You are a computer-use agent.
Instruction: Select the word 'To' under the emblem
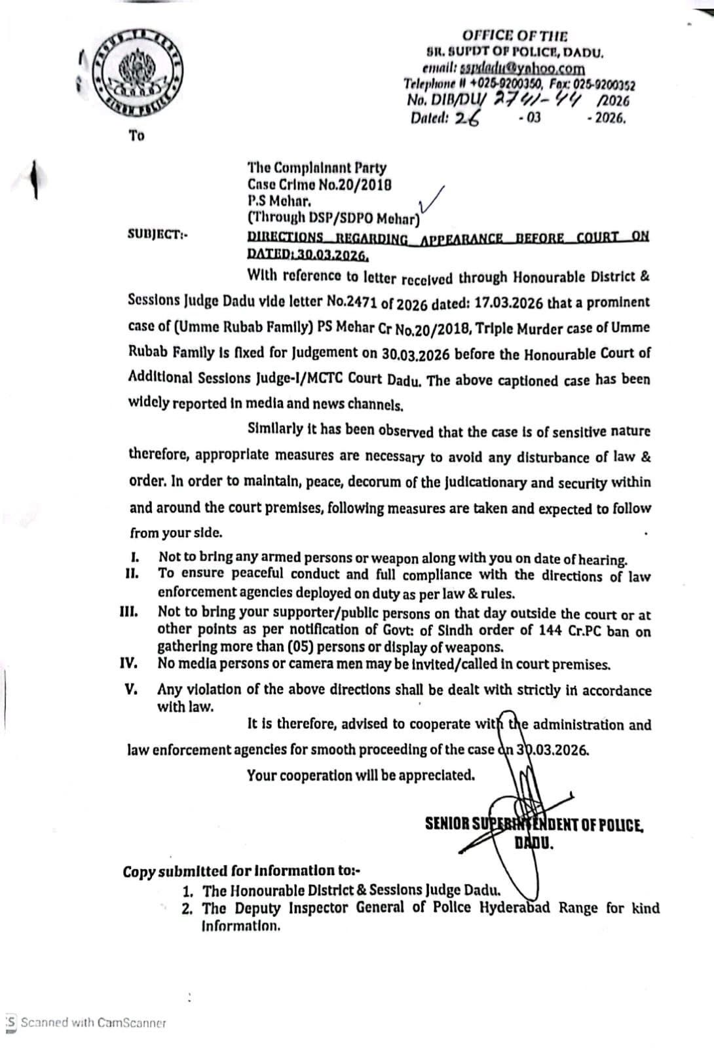(137, 136)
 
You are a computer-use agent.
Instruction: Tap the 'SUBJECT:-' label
(157, 234)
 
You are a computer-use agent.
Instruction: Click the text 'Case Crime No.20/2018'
(319, 184)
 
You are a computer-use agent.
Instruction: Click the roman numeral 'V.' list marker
(131, 689)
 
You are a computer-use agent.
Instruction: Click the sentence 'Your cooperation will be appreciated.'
(361, 776)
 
